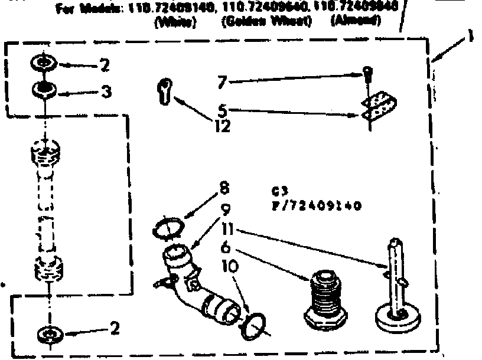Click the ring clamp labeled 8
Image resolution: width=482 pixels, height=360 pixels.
coord(170,227)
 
